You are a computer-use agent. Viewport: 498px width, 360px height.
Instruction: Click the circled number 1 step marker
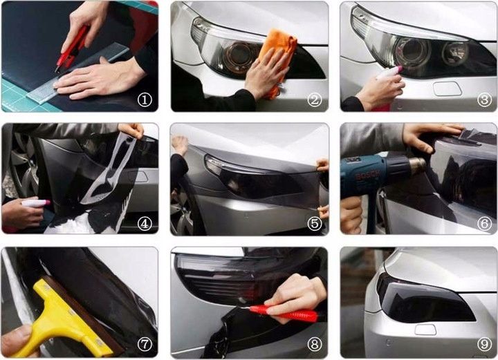click(x=145, y=100)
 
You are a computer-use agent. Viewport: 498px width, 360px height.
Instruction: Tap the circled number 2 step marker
click(x=315, y=100)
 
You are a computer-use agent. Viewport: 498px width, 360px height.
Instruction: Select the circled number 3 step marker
click(x=484, y=100)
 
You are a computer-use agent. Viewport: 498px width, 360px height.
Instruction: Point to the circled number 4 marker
click(x=145, y=223)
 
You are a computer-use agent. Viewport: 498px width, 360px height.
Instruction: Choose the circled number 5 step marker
click(x=315, y=223)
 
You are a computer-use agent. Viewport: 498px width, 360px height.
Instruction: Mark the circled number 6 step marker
click(x=484, y=223)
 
